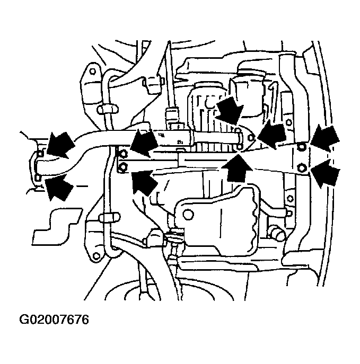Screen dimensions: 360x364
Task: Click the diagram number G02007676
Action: click(54, 319)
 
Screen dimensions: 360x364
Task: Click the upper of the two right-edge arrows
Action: click(325, 138)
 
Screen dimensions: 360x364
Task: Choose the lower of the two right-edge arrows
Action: click(326, 173)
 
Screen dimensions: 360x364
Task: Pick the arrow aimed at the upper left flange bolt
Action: click(60, 145)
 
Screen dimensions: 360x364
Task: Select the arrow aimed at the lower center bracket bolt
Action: click(144, 182)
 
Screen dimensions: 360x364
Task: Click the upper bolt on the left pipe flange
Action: click(40, 153)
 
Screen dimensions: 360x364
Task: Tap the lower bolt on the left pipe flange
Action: click(38, 178)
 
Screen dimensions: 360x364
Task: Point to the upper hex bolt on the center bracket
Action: click(124, 154)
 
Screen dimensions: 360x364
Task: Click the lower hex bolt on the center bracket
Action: click(124, 166)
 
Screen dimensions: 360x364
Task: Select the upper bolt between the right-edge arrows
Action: click(302, 147)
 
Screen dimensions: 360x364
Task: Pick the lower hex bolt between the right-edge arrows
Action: click(302, 167)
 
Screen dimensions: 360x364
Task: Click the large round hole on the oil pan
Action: click(188, 215)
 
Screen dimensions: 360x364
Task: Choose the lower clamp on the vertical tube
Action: click(109, 218)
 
